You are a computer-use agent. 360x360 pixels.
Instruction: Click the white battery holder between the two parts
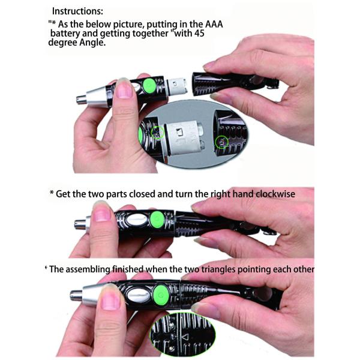click(178, 84)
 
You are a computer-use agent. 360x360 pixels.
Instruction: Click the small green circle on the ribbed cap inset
click(221, 142)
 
